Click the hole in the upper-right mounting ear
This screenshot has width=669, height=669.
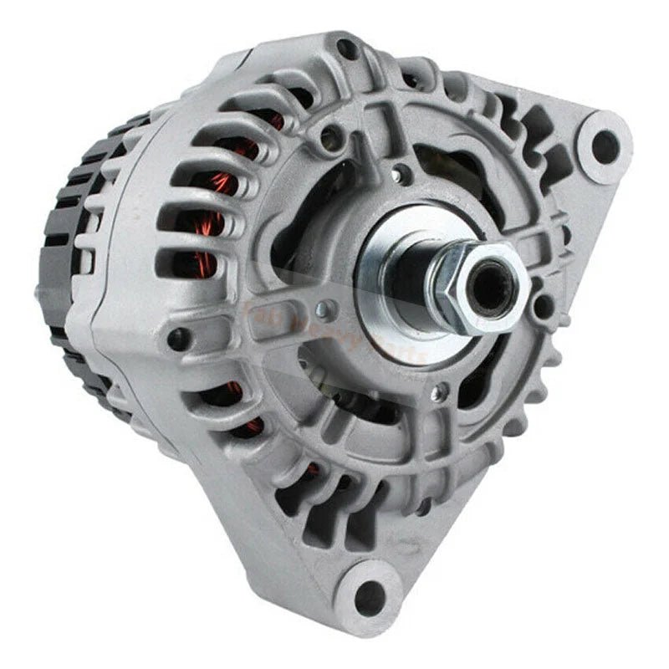(605, 146)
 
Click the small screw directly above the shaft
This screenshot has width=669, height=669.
(405, 176)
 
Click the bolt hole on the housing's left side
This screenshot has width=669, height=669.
(177, 339)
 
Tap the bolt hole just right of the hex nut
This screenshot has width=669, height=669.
(544, 303)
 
